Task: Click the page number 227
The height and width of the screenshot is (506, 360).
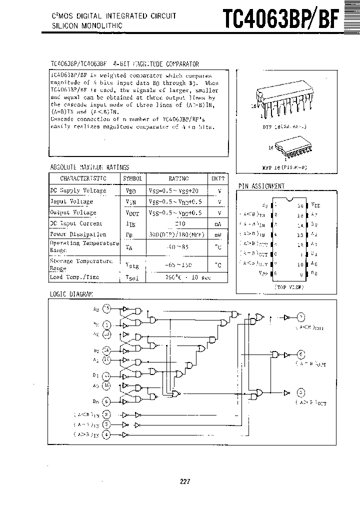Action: click(185, 481)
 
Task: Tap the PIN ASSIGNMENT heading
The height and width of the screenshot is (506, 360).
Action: click(261, 186)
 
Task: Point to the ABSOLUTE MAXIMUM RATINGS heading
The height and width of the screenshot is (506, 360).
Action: click(89, 167)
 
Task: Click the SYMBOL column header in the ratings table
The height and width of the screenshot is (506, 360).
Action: click(132, 178)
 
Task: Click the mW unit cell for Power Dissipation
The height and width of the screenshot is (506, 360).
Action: click(218, 234)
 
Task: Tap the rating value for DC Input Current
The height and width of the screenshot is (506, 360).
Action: click(178, 223)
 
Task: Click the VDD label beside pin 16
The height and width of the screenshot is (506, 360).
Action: click(315, 205)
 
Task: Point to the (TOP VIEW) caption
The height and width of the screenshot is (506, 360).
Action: click(289, 287)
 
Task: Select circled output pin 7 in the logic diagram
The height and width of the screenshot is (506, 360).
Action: click(300, 317)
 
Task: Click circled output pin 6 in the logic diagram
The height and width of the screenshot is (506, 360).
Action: click(300, 354)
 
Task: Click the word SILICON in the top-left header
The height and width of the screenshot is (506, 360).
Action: click(64, 24)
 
